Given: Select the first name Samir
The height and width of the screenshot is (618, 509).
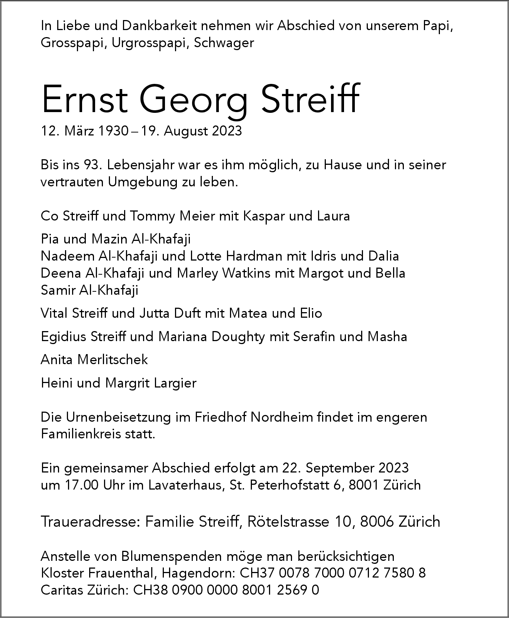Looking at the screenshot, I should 58,290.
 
